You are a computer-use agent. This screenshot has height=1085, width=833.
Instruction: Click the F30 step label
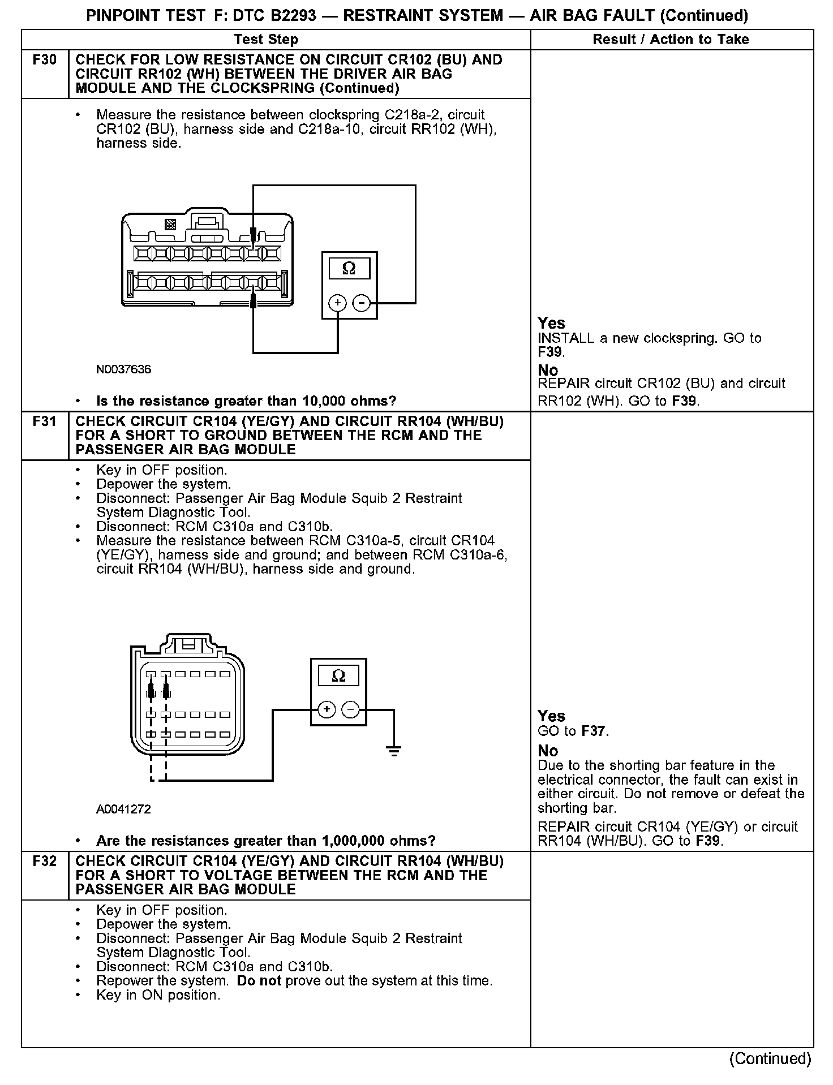tap(45, 60)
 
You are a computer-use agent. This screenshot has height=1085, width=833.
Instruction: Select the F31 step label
tap(45, 421)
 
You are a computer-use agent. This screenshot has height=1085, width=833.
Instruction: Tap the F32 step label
tap(45, 862)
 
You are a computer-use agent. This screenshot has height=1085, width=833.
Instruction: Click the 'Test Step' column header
tap(266, 40)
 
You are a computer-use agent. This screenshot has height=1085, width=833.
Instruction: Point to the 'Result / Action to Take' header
tap(671, 40)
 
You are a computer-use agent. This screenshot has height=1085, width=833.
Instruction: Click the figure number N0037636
tap(123, 370)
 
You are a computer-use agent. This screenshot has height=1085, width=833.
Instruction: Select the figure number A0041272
tap(123, 810)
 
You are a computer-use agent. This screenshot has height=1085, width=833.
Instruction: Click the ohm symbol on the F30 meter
tap(349, 269)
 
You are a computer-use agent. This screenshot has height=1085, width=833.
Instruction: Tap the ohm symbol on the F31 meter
tap(338, 676)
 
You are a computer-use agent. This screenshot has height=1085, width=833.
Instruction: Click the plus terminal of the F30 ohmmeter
tap(338, 303)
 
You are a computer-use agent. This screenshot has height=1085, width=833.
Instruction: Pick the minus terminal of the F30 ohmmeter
tap(361, 303)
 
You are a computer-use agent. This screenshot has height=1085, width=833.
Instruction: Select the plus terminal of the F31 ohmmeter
tap(327, 709)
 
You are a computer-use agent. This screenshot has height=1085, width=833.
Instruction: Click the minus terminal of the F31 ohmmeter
tap(351, 709)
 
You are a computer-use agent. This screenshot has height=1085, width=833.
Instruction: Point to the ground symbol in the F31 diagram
tap(394, 751)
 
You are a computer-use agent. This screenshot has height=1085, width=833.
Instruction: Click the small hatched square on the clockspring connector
tap(170, 225)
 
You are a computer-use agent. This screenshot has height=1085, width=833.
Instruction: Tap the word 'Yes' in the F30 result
tap(551, 324)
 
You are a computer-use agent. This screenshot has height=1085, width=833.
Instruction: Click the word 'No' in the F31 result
tap(548, 751)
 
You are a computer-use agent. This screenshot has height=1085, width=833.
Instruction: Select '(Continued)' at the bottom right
tap(770, 1059)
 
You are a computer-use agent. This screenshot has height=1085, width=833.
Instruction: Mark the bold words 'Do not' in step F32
tap(259, 981)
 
